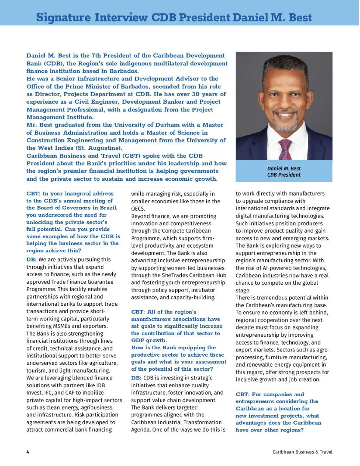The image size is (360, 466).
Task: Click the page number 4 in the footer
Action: pos(28,452)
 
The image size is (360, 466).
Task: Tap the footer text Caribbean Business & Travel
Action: pos(302,452)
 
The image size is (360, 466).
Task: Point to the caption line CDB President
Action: pos(284,175)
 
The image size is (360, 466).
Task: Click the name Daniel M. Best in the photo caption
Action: pos(284,168)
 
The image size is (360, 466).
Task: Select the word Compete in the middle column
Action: pos(171,231)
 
